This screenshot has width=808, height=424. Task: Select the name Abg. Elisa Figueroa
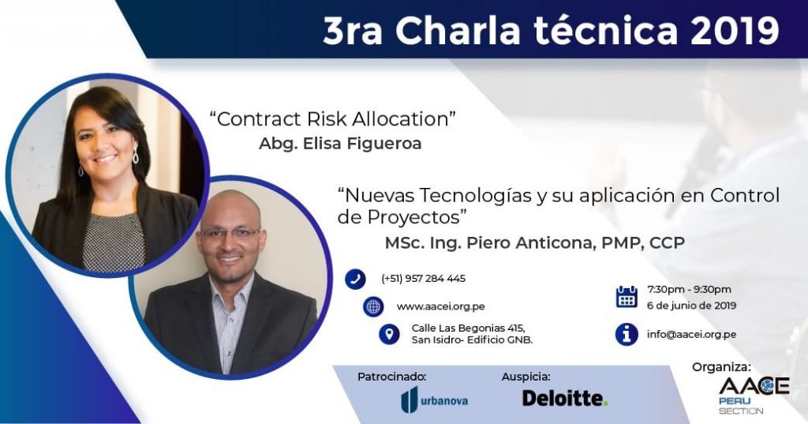point(340,144)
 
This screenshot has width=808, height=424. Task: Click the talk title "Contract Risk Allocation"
point(332,119)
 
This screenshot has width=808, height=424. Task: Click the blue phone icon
point(356,279)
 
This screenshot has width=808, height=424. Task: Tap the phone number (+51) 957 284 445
point(424,279)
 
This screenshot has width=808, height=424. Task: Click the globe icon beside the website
point(373,306)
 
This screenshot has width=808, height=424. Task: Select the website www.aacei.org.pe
point(440,306)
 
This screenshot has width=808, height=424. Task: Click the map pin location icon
point(389,334)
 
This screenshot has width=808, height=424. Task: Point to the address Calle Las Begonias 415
point(468,328)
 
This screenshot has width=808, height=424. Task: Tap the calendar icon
point(627,297)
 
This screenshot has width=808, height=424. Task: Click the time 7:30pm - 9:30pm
point(689,289)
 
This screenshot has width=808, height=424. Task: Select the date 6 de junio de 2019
point(691,306)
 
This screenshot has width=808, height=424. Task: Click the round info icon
point(627,334)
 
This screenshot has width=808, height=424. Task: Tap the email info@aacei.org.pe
point(691,334)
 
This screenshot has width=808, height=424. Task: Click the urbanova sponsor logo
point(435,400)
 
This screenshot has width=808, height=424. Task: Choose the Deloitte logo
point(565,398)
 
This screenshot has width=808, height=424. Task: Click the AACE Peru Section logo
point(754,395)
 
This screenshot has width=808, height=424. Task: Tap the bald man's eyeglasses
point(230,233)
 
